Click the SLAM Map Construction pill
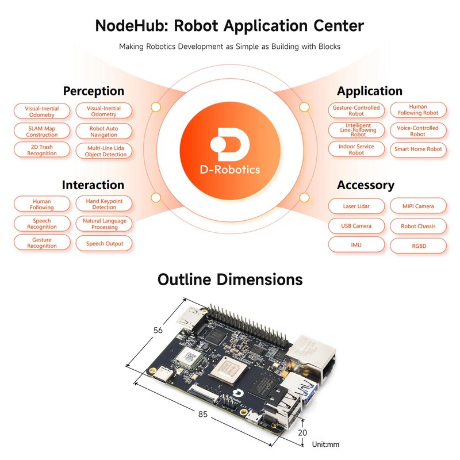(x=42, y=131)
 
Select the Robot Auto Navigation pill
(x=103, y=131)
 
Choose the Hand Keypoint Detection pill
(x=104, y=204)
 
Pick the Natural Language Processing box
(x=104, y=224)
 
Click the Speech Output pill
(x=104, y=243)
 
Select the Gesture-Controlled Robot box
(x=356, y=110)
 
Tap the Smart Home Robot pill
(x=418, y=149)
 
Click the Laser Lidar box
(x=356, y=205)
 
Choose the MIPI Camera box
(x=418, y=205)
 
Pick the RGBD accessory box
(x=418, y=246)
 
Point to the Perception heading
(x=93, y=91)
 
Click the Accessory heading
(x=365, y=185)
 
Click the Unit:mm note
(x=327, y=444)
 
